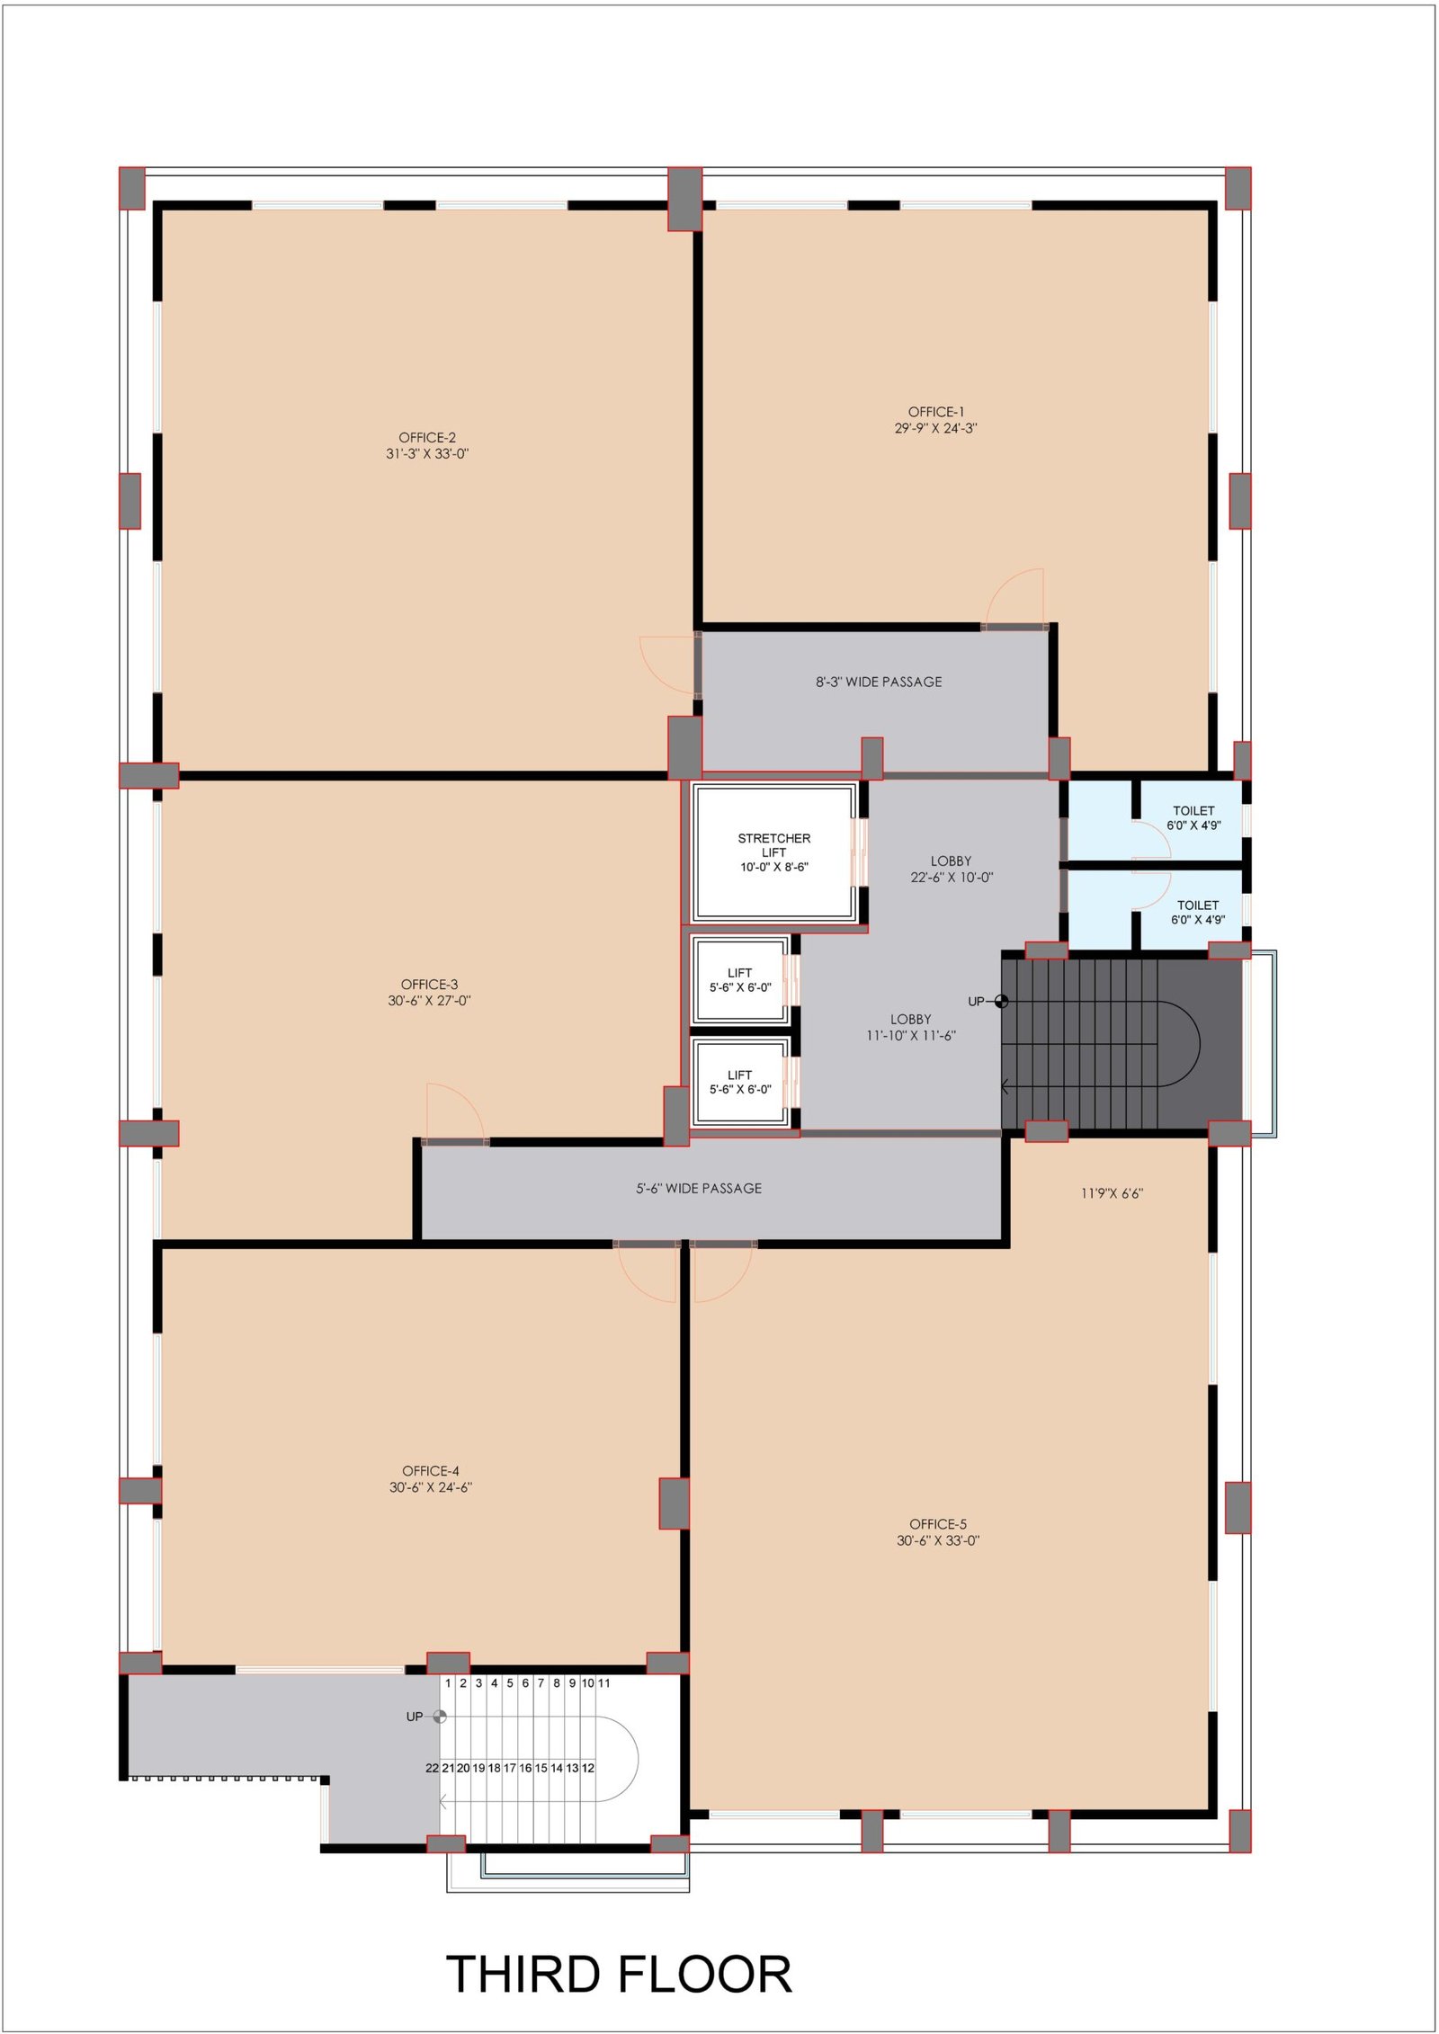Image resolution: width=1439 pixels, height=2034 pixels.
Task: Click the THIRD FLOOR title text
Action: (619, 1974)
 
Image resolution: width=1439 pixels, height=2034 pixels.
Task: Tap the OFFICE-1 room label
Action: (935, 412)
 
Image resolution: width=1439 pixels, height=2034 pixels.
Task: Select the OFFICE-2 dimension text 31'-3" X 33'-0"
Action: (427, 454)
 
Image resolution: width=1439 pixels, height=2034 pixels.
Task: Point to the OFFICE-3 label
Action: (429, 985)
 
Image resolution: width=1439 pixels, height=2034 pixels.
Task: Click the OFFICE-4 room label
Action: (430, 1471)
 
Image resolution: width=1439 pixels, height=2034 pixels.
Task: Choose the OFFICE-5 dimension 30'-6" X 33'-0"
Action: (937, 1540)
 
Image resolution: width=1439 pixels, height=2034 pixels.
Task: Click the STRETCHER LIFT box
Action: (773, 852)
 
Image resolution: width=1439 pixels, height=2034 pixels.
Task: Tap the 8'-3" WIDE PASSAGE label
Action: (879, 682)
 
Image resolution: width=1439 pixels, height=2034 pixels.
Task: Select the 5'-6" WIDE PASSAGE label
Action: (699, 1188)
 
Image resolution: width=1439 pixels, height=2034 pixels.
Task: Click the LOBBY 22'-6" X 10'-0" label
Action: (952, 869)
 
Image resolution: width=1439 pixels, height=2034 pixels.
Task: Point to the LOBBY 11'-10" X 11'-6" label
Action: (910, 1027)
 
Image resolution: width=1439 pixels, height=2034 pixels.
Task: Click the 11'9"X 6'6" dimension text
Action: (1112, 1193)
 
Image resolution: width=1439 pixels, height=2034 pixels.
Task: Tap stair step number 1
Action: (448, 1682)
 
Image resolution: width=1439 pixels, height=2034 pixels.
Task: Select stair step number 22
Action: (432, 1768)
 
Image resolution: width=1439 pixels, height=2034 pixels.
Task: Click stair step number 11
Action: (603, 1682)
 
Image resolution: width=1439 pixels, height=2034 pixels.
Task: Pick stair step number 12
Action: (588, 1768)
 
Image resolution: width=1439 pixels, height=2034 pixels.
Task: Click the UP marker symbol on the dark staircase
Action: (1001, 1002)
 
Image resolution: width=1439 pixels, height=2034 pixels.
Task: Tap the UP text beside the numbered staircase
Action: (414, 1717)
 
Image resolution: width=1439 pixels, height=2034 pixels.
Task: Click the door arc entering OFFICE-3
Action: (455, 1111)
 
